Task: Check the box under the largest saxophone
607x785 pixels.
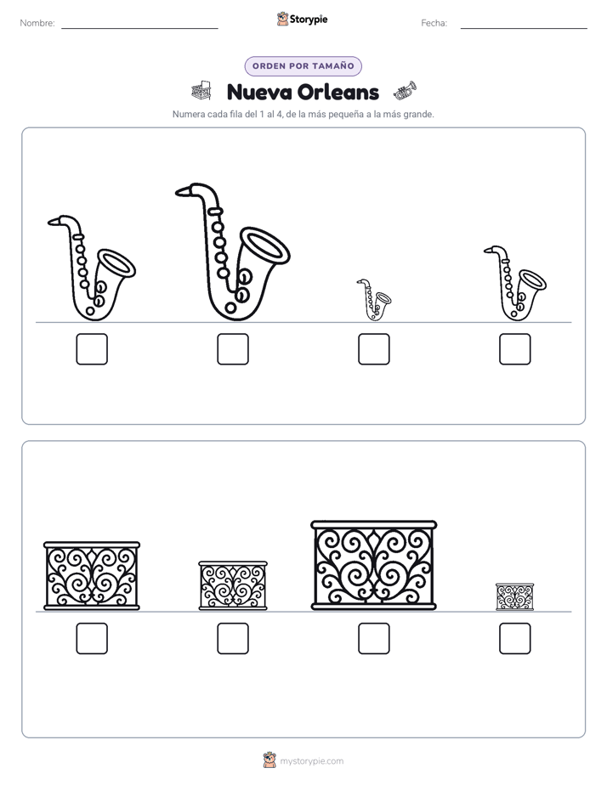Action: click(x=233, y=349)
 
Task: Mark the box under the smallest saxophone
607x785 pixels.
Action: click(x=373, y=349)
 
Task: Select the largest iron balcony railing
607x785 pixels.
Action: click(x=373, y=565)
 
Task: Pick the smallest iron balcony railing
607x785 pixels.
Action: click(x=514, y=596)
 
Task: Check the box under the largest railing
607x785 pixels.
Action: click(x=373, y=638)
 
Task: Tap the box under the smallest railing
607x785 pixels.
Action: click(x=515, y=638)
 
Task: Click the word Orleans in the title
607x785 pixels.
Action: click(x=338, y=92)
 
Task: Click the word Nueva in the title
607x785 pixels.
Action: click(x=259, y=92)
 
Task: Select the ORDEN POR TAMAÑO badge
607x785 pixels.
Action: click(x=303, y=66)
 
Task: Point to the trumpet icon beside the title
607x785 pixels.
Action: click(x=406, y=91)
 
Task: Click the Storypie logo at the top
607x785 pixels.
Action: click(x=303, y=20)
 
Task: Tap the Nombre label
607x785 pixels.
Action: click(x=37, y=23)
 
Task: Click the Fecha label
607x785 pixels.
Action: click(x=434, y=23)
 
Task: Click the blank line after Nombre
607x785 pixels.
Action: click(x=139, y=29)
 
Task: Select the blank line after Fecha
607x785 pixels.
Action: click(x=524, y=29)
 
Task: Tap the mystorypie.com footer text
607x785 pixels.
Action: click(x=311, y=761)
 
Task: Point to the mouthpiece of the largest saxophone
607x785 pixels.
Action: click(x=184, y=190)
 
